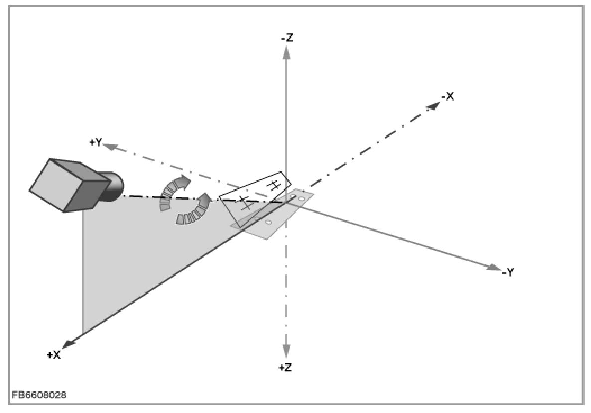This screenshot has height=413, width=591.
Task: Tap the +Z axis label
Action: [x=285, y=368]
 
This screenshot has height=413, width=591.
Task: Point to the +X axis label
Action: [x=54, y=355]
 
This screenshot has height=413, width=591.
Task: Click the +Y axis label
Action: [x=96, y=142]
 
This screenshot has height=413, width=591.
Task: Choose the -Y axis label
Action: [x=507, y=272]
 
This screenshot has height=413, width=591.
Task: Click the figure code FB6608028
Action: [x=38, y=395]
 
